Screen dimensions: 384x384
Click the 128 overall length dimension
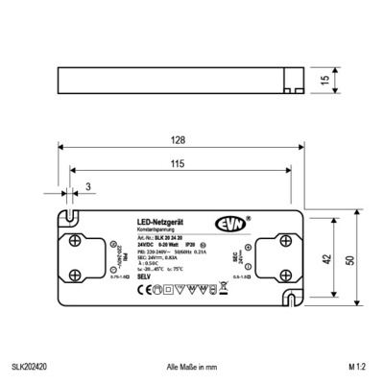[x=179, y=140]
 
